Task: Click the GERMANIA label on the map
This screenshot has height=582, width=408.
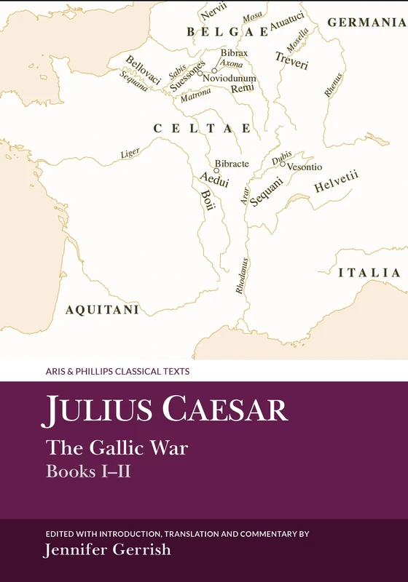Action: [366, 22]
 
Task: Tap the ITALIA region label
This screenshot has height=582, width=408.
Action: [369, 273]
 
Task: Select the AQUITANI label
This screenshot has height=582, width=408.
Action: [102, 309]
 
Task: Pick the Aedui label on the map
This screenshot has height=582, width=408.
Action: [211, 182]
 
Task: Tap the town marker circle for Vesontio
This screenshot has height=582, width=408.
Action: [283, 164]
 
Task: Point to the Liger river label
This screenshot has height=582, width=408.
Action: [130, 154]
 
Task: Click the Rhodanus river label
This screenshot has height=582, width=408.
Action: [241, 276]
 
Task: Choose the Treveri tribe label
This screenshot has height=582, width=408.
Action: [292, 60]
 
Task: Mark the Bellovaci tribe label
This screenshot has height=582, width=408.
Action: [143, 70]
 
